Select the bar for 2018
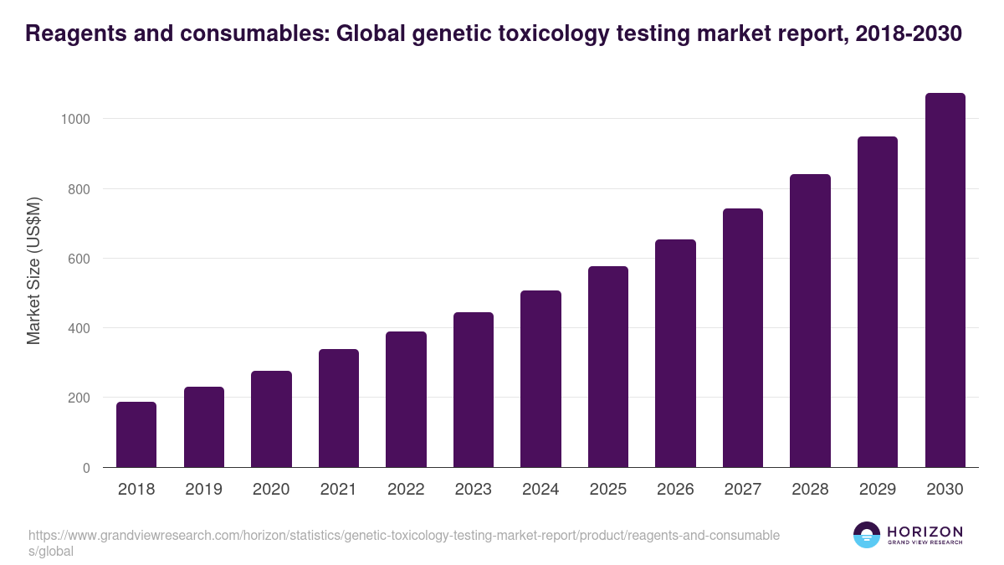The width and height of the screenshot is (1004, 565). [x=136, y=434]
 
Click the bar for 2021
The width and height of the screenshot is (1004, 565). [x=339, y=408]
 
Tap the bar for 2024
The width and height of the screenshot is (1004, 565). [x=540, y=379]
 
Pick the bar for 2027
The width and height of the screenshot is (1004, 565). [x=743, y=337]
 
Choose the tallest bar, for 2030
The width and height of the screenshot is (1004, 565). [x=945, y=280]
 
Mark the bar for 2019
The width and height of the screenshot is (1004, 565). [x=204, y=427]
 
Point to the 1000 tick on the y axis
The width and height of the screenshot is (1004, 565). [x=75, y=119]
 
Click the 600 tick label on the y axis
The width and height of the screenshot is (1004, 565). [x=79, y=259]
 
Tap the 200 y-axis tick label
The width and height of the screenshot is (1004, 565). [x=79, y=398]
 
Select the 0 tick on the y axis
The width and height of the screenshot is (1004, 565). [x=87, y=468]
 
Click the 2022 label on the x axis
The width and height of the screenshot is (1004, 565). [x=406, y=490]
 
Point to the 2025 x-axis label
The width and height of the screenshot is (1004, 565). [x=608, y=490]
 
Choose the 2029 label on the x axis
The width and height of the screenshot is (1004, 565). [x=878, y=490]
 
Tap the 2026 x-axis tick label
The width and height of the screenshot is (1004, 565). [x=675, y=490]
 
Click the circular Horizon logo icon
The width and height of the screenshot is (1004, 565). [x=867, y=536]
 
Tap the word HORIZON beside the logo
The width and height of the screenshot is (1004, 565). [x=925, y=532]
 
